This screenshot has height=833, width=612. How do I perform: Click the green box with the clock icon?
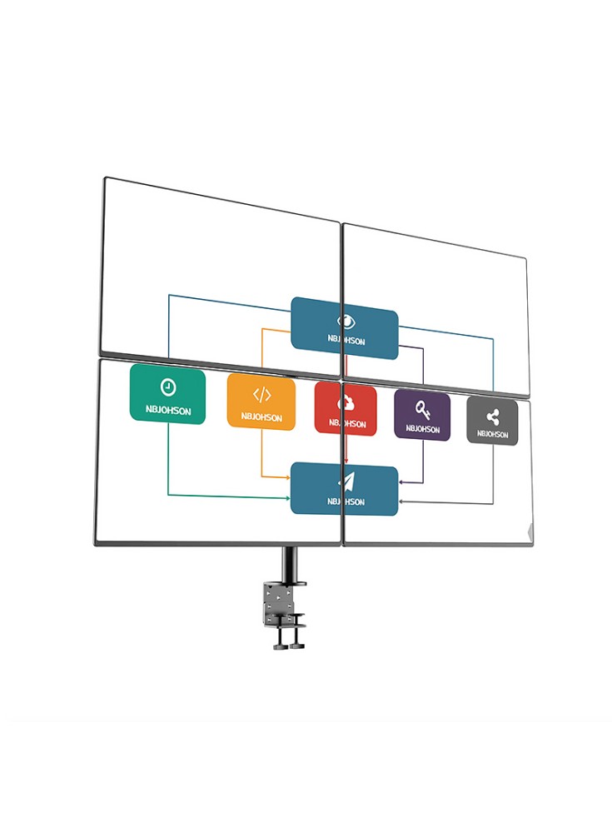pyautogui.click(x=167, y=395)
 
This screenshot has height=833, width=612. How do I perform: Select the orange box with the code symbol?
pyautogui.click(x=261, y=402)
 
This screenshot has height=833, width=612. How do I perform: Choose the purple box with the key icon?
pyautogui.click(x=422, y=416)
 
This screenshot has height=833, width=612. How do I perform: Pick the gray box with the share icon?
pyautogui.click(x=492, y=421)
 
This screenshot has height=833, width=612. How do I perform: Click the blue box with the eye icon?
pyautogui.click(x=344, y=328)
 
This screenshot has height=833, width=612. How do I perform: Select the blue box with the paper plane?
pyautogui.click(x=344, y=489)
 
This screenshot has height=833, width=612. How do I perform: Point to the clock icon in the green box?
pyautogui.click(x=167, y=387)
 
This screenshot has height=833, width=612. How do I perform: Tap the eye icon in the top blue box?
pyautogui.click(x=345, y=321)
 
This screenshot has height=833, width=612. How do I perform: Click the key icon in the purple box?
pyautogui.click(x=422, y=409)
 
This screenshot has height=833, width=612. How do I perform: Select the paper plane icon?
pyautogui.click(x=345, y=481)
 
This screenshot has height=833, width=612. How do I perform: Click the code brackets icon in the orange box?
pyautogui.click(x=261, y=394)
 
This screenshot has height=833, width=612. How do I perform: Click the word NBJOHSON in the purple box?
pyautogui.click(x=422, y=429)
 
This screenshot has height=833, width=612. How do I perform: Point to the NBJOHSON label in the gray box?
pyautogui.click(x=492, y=433)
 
